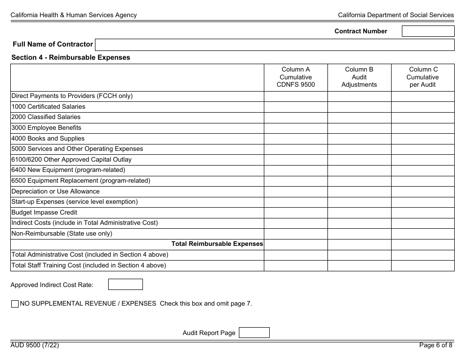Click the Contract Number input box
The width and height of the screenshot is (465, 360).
pos(428,31)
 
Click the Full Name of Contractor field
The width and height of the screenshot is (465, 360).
pos(274,45)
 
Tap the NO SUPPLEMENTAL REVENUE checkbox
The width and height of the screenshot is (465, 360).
pos(15,304)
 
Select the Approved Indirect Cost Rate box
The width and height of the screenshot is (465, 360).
pos(125,285)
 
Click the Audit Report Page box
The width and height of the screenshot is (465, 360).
pos(254,333)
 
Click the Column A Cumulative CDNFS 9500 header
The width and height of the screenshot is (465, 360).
pos(296,77)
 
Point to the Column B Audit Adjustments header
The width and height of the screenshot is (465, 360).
pos(359,77)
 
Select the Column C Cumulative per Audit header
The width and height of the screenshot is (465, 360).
pos(423,77)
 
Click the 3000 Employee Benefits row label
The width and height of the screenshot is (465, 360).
pos(46,128)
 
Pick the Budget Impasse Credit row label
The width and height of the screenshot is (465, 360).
pos(44,213)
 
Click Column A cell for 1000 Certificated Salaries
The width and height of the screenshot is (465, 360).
pos(296,107)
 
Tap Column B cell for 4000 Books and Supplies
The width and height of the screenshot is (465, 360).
pos(359,139)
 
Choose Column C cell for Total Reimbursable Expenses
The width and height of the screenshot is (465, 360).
pos(423,244)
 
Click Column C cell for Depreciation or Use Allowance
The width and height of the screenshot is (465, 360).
pos(423,192)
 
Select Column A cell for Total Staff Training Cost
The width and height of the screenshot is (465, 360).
pos(296,265)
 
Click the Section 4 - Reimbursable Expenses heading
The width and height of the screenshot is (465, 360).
pos(70,57)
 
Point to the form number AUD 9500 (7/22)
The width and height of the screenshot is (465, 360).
pos(35,345)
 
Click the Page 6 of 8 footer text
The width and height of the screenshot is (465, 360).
pos(436,345)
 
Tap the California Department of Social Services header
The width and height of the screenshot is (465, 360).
pos(395,15)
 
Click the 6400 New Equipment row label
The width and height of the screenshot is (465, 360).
pos(68,170)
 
